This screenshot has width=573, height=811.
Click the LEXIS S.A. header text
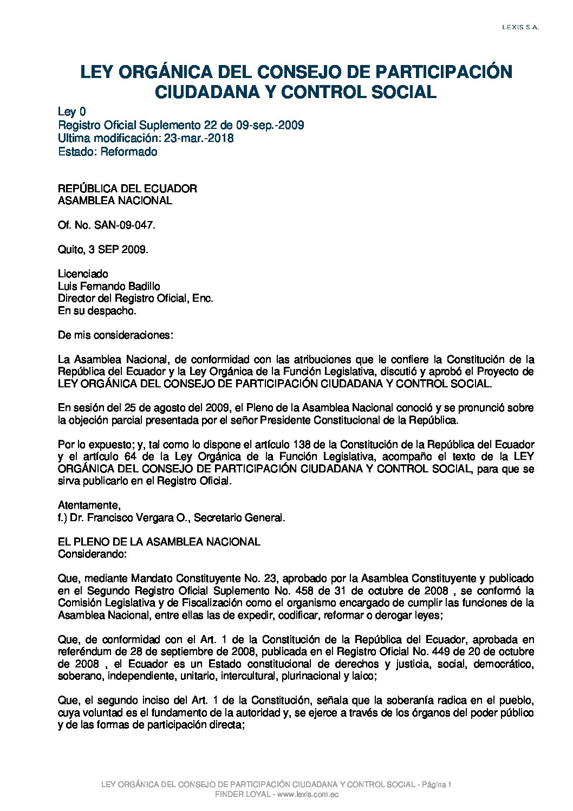click(520, 27)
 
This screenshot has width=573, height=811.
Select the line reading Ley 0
click(71, 112)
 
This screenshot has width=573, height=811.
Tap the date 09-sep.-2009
click(276, 125)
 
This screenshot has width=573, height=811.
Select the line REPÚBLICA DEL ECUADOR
click(127, 189)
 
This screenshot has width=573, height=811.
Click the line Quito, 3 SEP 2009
click(103, 250)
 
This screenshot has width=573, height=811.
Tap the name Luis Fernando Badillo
click(109, 286)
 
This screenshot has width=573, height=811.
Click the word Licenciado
click(83, 274)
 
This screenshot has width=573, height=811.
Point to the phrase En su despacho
click(97, 311)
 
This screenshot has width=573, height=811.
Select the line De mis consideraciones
click(115, 335)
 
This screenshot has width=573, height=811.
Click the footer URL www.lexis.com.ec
click(308, 794)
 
